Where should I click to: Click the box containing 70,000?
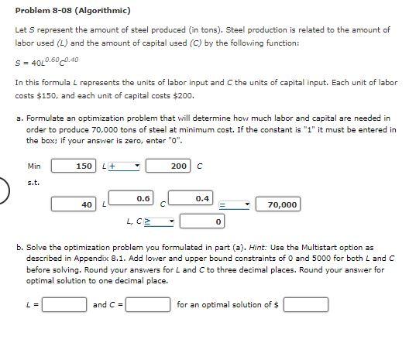(278, 204)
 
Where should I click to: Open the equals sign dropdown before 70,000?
(233, 204)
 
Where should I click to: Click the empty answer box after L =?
(64, 305)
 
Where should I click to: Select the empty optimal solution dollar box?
(305, 305)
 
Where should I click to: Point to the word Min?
(33, 166)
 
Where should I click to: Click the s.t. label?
(33, 183)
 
